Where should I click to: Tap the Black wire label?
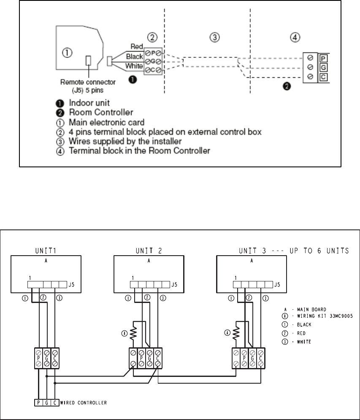coord(135,56)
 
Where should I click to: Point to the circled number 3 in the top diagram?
coord(215,38)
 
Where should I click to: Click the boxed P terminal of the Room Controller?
coord(322,58)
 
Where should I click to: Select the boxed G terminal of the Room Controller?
coord(322,67)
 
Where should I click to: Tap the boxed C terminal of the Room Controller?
coord(322,77)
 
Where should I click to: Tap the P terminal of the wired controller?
coord(38,402)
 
